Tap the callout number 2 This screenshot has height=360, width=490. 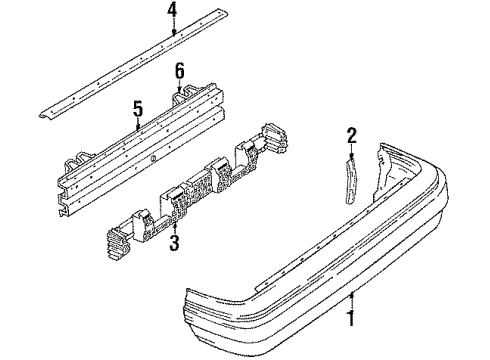351,135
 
